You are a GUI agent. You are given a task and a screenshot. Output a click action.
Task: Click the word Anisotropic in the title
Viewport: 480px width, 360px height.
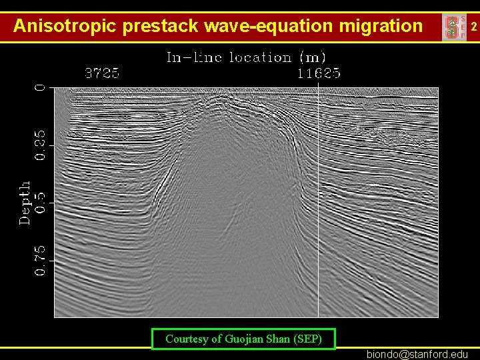[x=65, y=26]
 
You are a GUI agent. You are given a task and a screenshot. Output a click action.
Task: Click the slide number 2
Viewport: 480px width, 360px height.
[x=473, y=27]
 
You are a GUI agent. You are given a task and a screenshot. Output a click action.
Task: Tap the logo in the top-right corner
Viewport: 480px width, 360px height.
[x=454, y=27]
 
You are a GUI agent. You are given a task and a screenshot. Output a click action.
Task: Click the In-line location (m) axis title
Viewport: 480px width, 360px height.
[x=246, y=57]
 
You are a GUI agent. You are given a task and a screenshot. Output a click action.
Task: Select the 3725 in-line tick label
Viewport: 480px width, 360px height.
[x=102, y=73]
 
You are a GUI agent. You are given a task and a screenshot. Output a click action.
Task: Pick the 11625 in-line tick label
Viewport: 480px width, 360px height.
[x=319, y=73]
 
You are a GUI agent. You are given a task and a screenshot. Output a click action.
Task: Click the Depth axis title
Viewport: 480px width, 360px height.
[x=25, y=202]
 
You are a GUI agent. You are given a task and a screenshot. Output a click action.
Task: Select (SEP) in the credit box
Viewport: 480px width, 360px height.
[x=307, y=339]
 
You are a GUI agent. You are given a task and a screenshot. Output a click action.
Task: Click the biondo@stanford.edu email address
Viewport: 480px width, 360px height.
[x=417, y=354]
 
